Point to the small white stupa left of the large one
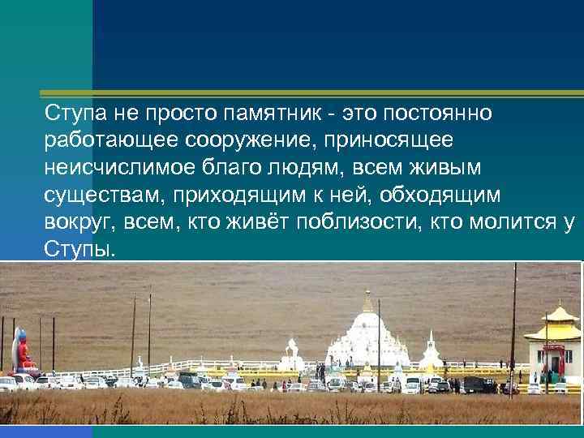pos(290,354)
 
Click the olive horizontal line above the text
pos(337,90)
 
